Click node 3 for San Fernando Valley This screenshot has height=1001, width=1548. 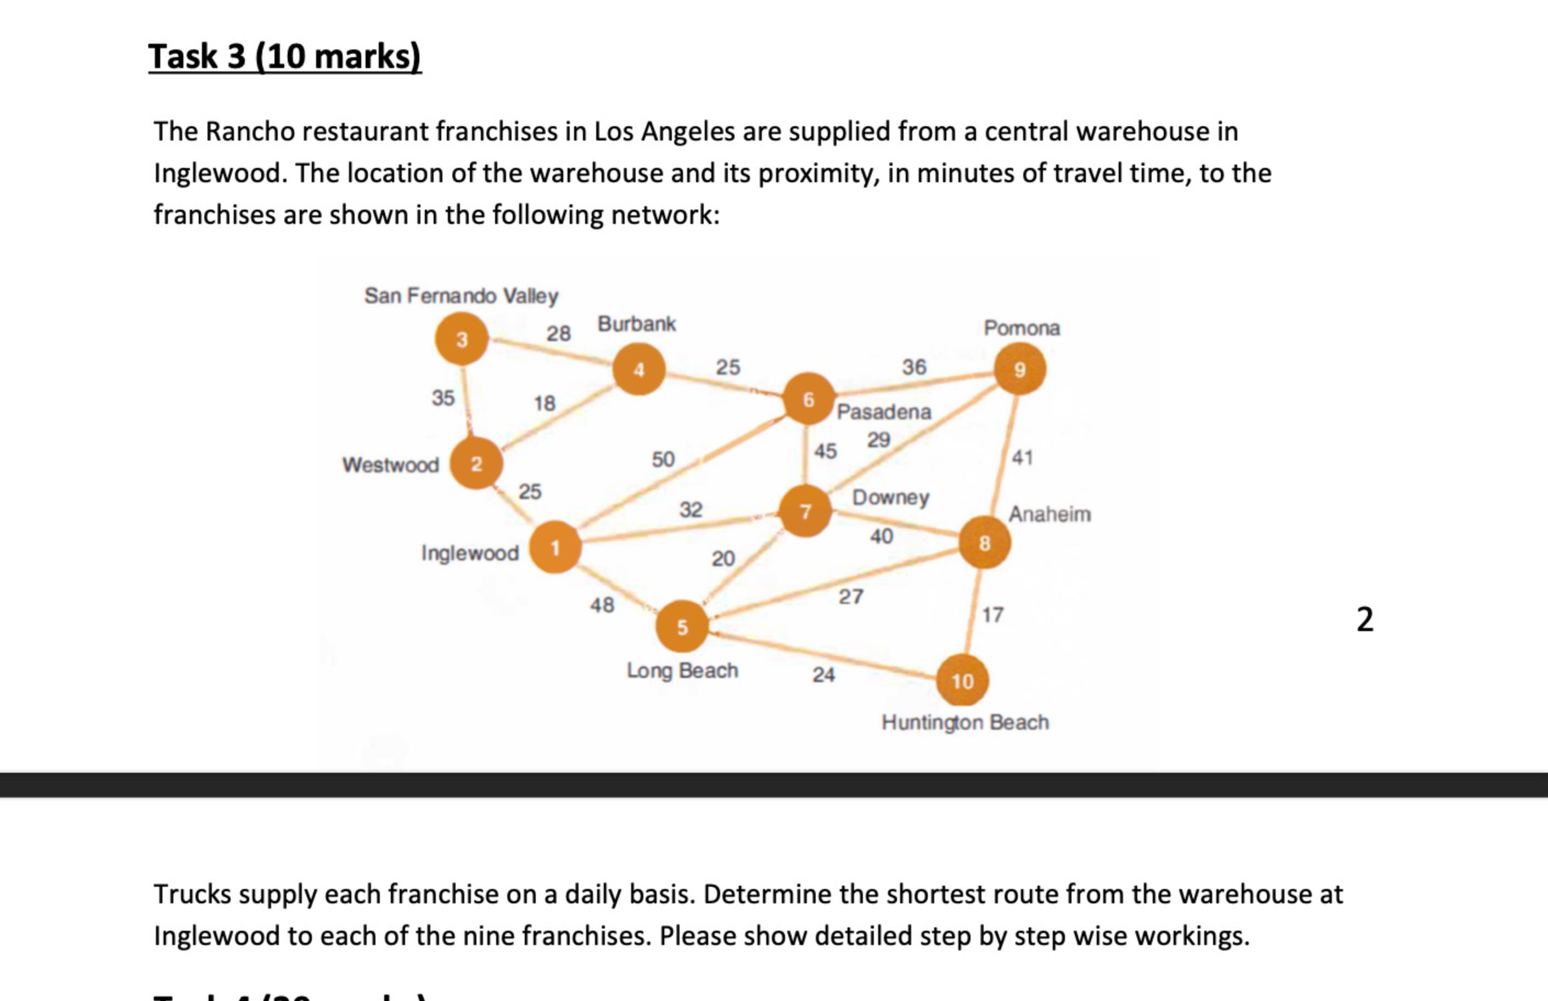click(462, 339)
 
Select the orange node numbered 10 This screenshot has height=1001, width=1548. click(962, 681)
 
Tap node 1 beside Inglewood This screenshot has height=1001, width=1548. click(555, 547)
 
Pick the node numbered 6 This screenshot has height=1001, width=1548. click(808, 399)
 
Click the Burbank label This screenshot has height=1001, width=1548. click(637, 324)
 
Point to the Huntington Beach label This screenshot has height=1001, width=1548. click(965, 722)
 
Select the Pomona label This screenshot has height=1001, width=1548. click(1022, 328)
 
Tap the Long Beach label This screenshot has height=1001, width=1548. click(682, 670)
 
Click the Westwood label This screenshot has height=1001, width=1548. click(390, 465)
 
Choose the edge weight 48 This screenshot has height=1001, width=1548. click(602, 605)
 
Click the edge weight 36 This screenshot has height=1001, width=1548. click(913, 367)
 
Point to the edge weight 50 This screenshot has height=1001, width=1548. click(663, 459)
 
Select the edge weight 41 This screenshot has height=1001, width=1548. click(1022, 458)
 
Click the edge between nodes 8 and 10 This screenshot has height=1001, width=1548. click(974, 611)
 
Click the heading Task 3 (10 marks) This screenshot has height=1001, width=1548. click(285, 56)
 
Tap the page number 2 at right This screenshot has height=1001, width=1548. click(1365, 620)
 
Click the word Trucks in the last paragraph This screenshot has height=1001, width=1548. click(193, 894)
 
